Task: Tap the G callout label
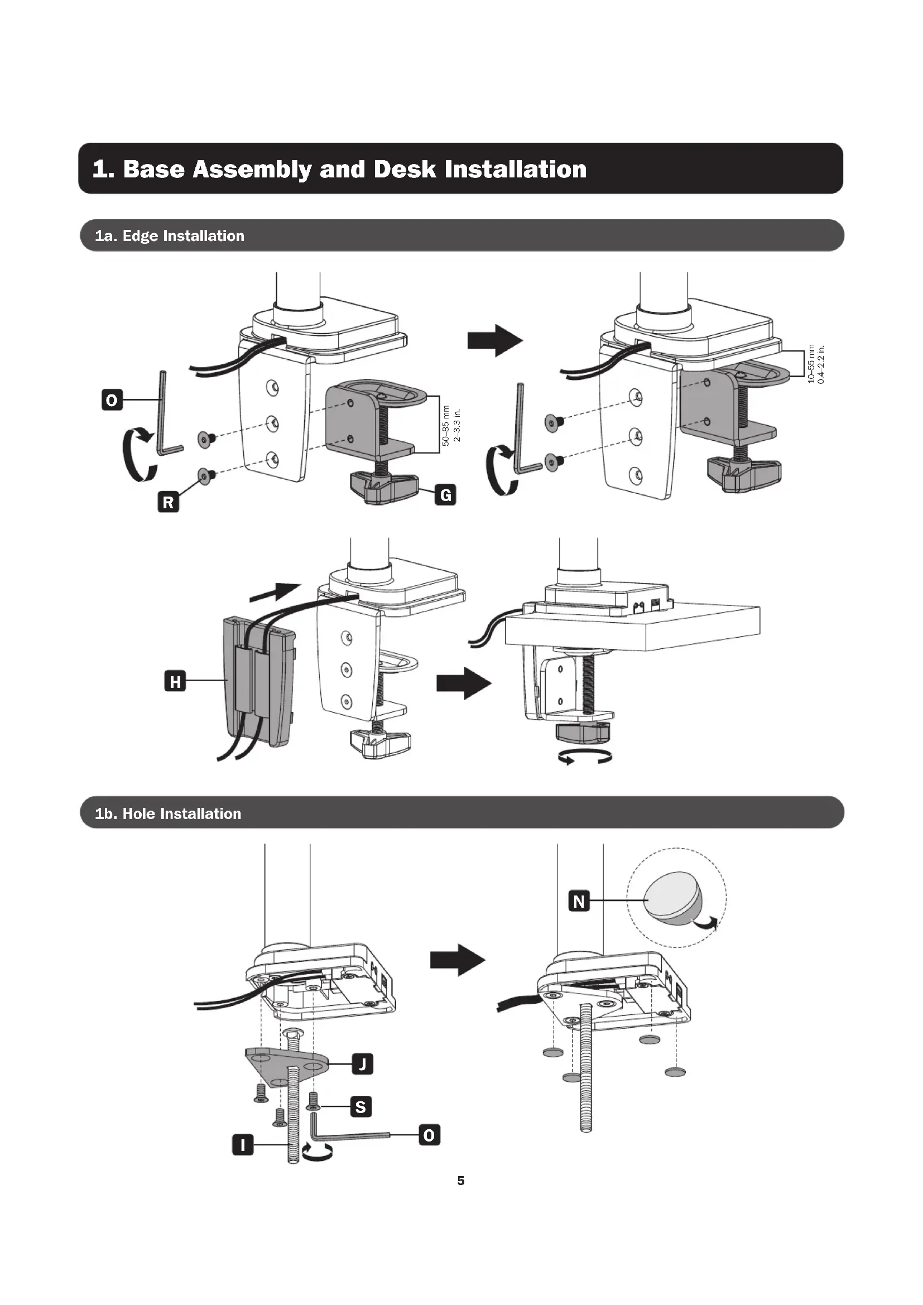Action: click(x=445, y=495)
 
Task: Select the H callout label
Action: click(x=175, y=680)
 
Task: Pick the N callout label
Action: click(x=579, y=902)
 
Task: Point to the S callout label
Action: click(x=360, y=1106)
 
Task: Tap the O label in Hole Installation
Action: click(x=429, y=1135)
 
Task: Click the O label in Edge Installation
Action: click(x=112, y=400)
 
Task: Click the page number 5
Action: click(x=461, y=1181)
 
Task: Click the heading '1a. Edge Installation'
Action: click(x=170, y=236)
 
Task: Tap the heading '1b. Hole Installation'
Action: click(x=167, y=813)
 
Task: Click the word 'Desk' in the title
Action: click(x=405, y=170)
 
